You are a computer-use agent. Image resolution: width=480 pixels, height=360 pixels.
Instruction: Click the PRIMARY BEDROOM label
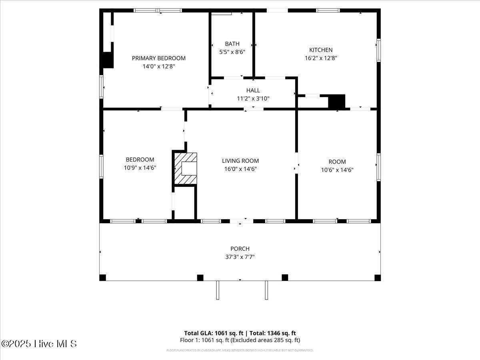[x=159, y=58]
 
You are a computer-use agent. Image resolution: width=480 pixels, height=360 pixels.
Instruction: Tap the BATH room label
[x=232, y=44]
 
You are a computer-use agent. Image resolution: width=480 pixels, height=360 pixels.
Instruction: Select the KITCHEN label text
[x=321, y=50]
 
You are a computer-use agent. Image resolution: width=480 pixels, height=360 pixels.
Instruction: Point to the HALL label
[x=253, y=90]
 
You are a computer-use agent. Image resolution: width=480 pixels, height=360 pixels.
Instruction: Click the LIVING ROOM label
[x=240, y=161]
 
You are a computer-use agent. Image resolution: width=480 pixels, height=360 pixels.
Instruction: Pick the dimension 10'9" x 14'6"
[x=140, y=168]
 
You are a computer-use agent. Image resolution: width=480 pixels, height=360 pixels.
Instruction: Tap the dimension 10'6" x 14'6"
[x=337, y=170]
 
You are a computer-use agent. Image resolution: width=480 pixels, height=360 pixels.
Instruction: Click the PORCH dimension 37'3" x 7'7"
[x=240, y=257]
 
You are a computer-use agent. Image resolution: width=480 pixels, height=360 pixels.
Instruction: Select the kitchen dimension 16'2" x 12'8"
[x=321, y=58]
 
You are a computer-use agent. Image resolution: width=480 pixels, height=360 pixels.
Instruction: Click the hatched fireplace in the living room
[x=186, y=168]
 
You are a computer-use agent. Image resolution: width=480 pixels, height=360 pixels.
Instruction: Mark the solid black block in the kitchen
[x=336, y=101]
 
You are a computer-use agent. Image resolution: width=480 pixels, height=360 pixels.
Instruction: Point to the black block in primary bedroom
[x=107, y=60]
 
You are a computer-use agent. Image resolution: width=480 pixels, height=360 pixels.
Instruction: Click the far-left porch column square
[x=103, y=278]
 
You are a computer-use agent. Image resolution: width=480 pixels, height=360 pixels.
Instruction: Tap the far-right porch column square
[x=377, y=278]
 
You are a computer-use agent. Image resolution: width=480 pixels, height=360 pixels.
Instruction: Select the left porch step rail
[x=218, y=290]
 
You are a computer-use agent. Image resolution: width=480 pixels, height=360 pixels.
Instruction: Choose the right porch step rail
[x=266, y=290]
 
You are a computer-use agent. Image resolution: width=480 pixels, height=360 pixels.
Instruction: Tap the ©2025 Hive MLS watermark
[x=39, y=344]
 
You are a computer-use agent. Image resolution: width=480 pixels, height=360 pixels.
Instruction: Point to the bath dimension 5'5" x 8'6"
[x=232, y=52]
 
